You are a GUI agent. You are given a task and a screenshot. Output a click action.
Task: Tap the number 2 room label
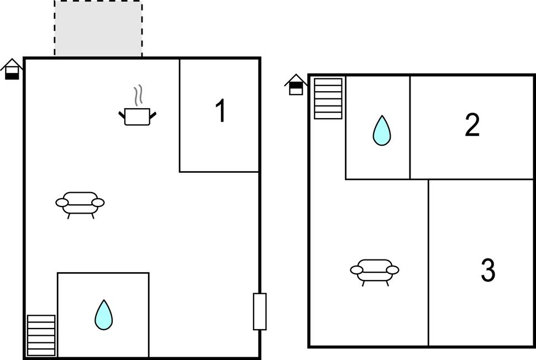coord(472,125)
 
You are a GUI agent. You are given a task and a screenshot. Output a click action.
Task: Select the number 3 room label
coord(488,270)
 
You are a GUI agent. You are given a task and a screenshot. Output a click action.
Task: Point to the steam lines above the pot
coord(138,95)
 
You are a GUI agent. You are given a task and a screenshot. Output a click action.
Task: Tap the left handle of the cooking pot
coord(122,115)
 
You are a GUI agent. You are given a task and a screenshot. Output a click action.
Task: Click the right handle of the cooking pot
coord(153,115)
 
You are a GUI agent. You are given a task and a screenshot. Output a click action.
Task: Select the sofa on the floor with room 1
coord(80,204)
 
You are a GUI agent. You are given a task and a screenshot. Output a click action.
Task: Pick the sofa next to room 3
coord(375,272)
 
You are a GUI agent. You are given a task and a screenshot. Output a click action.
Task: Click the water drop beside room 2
coord(381,131)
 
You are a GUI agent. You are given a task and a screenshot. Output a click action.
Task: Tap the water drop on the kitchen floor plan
coord(103,315)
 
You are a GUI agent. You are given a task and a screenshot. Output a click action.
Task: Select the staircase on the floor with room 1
coord(41,335)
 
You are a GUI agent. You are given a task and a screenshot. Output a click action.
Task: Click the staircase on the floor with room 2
coord(328,99)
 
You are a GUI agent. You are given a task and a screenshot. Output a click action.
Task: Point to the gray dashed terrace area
coord(98,28)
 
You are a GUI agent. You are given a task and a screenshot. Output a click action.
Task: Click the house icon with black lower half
coord(12,70)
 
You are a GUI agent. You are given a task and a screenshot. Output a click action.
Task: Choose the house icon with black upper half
coord(296,84)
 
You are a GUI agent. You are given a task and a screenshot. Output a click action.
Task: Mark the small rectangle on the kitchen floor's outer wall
coord(260,311)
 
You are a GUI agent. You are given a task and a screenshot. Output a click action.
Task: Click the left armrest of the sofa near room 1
coord(62,203)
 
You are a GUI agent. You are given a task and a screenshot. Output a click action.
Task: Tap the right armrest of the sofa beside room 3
coord(392,270)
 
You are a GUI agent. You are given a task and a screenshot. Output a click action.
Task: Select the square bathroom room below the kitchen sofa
coord(103,315)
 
